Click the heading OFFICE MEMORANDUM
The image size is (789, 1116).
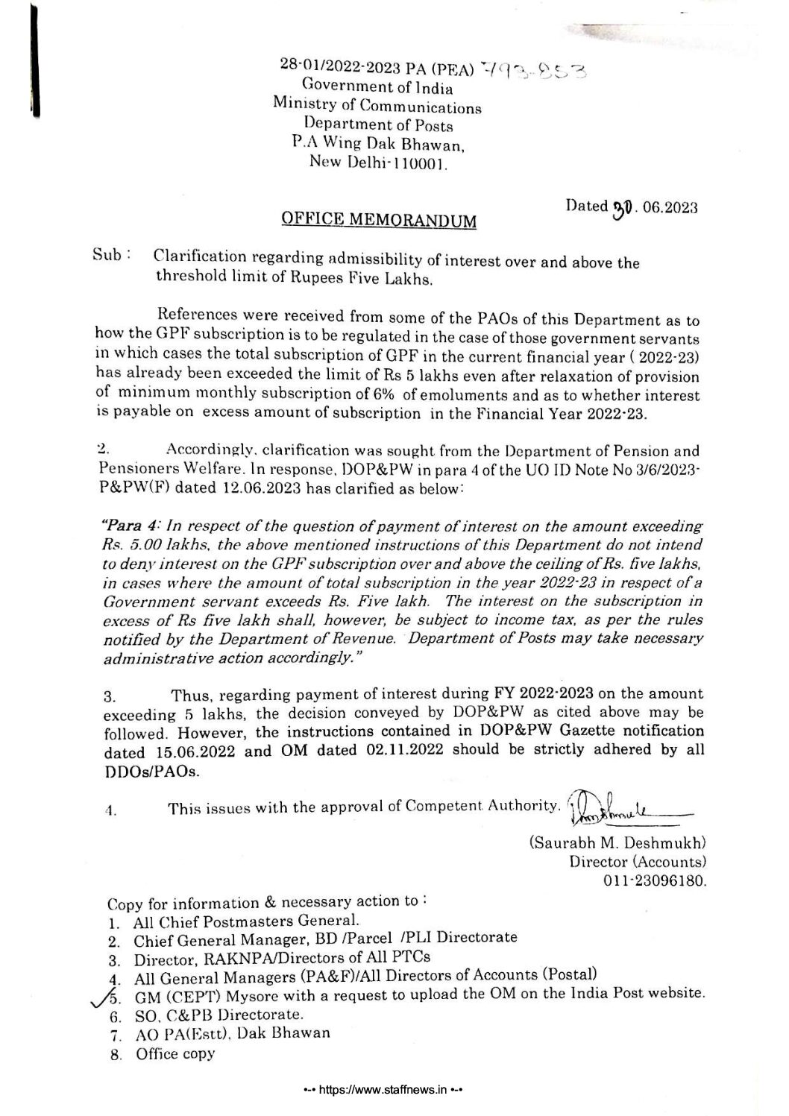[x=377, y=220]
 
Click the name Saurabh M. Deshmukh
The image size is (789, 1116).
[x=617, y=843]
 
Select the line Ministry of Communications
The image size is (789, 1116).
[x=377, y=106]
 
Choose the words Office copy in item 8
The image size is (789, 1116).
[x=176, y=1054]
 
